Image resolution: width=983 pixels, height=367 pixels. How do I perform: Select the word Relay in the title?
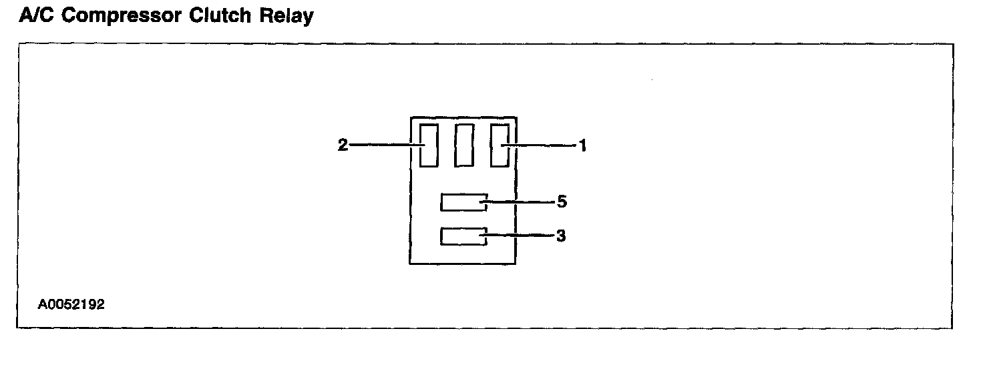pyautogui.click(x=288, y=15)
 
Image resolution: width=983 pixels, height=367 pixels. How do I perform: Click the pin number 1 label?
pyautogui.click(x=582, y=145)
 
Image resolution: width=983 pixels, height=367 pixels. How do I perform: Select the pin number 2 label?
pyautogui.click(x=343, y=145)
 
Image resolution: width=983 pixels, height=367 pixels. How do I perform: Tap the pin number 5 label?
pyautogui.click(x=562, y=201)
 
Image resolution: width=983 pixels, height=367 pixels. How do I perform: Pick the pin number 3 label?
pyautogui.click(x=562, y=236)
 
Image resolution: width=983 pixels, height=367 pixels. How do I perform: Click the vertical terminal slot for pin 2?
pyautogui.click(x=429, y=145)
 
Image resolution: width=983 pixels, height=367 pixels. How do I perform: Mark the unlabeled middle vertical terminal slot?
pyautogui.click(x=464, y=145)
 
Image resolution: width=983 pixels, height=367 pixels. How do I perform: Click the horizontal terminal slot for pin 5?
pyautogui.click(x=463, y=202)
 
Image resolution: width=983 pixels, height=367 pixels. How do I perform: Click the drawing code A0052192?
pyautogui.click(x=71, y=304)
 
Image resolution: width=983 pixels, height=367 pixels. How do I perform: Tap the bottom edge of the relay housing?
pyautogui.click(x=463, y=264)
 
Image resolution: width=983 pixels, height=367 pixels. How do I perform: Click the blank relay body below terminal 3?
pyautogui.click(x=463, y=255)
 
